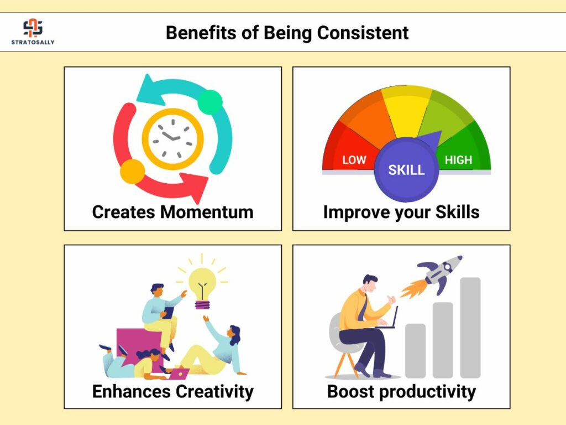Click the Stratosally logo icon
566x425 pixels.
[33, 28]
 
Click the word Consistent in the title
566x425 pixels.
[363, 33]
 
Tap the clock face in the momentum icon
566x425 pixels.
[172, 139]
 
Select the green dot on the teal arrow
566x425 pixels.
[209, 102]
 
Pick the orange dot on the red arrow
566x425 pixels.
[133, 172]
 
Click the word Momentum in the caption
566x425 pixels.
[207, 212]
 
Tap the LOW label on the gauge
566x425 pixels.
[354, 160]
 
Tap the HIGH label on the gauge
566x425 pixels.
[458, 160]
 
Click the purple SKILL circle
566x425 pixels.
[406, 169]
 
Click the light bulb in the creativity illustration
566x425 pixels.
[202, 288]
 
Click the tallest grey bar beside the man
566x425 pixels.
[470, 328]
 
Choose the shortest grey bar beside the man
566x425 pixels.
[416, 351]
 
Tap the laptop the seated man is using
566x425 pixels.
[389, 318]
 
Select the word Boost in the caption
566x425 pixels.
[350, 391]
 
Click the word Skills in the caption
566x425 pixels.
[457, 212]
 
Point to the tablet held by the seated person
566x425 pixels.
[168, 313]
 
